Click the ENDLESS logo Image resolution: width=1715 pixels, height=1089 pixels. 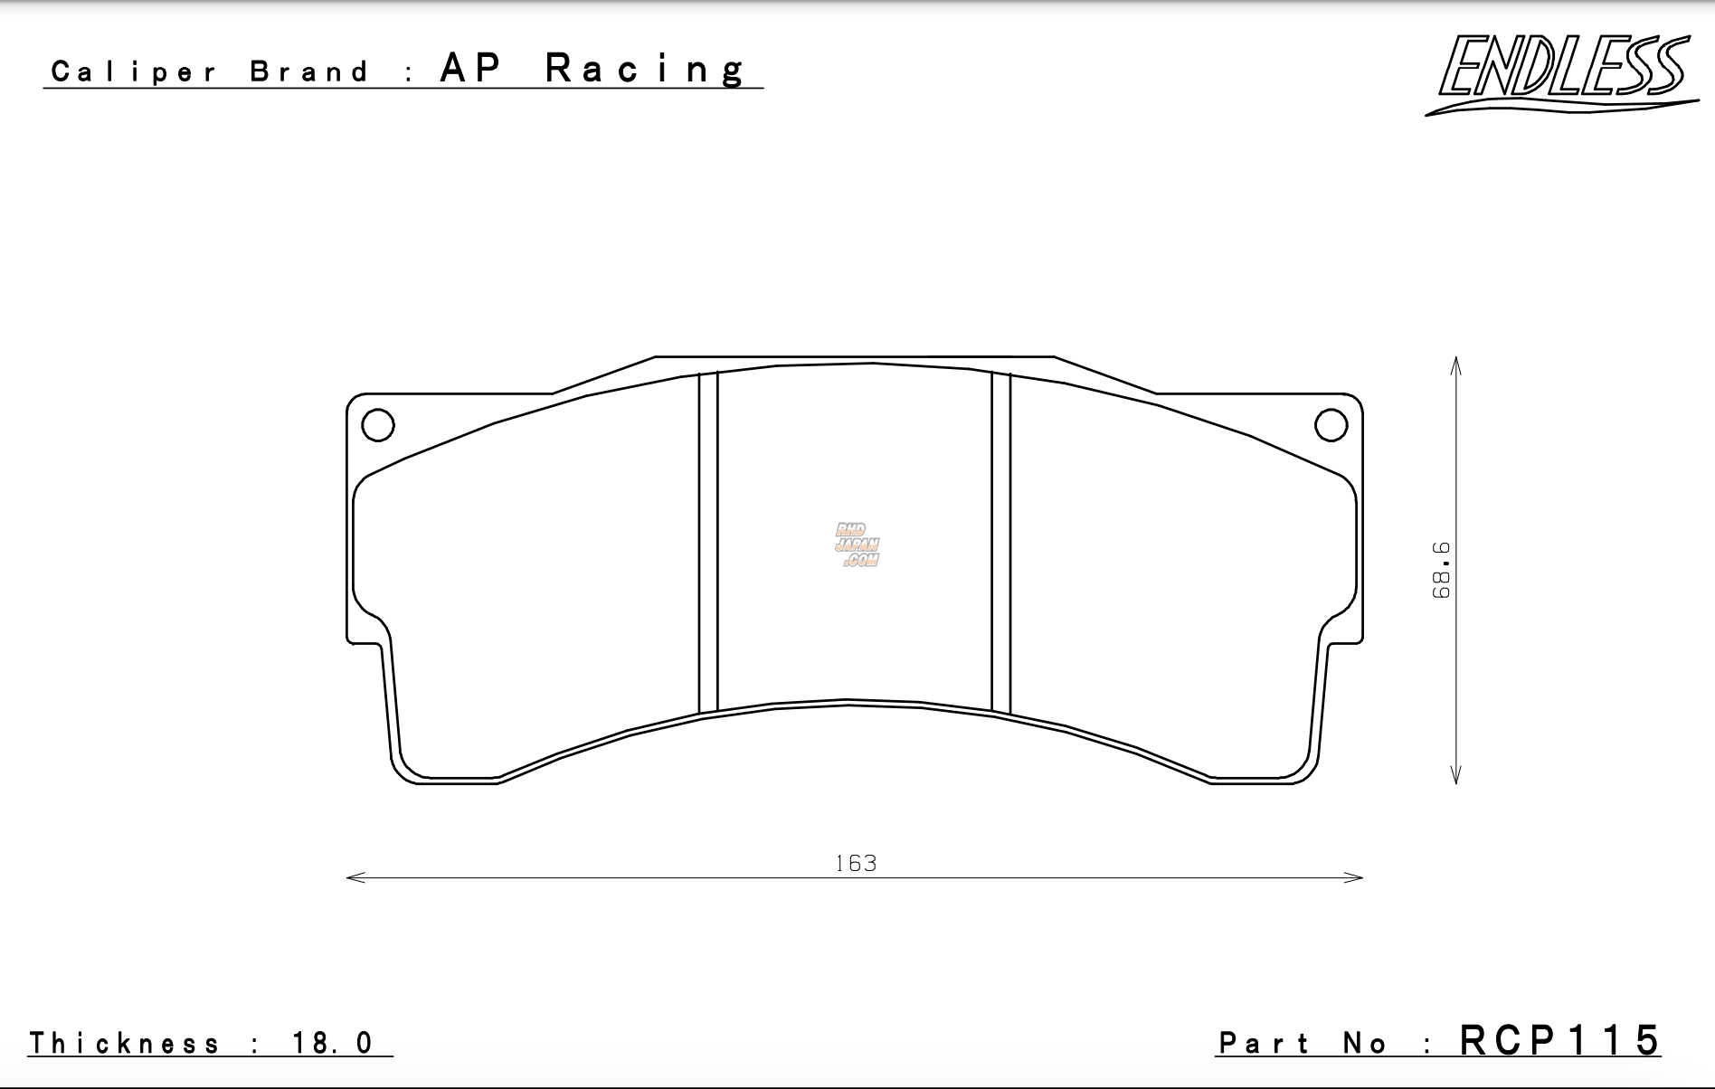click(x=1561, y=72)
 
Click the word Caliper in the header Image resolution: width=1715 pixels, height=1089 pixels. click(x=134, y=71)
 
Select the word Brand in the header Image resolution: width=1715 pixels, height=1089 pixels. click(x=309, y=71)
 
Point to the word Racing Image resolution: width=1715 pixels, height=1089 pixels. click(x=646, y=69)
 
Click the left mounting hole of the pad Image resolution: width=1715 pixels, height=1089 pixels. click(x=378, y=424)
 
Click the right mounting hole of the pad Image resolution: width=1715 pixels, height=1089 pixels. click(x=1331, y=424)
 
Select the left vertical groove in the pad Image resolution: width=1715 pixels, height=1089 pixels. click(x=708, y=543)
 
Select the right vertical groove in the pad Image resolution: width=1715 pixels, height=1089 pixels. click(x=1000, y=543)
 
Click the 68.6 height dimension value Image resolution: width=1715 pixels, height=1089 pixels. click(x=1442, y=570)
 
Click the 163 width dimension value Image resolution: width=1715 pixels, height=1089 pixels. click(x=856, y=864)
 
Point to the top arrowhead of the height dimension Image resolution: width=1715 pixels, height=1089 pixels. click(x=1455, y=363)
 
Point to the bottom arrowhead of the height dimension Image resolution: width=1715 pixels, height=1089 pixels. click(x=1455, y=777)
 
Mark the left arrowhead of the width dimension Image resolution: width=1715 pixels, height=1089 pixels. click(x=354, y=877)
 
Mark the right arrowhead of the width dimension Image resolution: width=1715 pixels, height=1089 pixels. click(x=1356, y=877)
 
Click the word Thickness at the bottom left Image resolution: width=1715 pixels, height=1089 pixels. click(x=125, y=1044)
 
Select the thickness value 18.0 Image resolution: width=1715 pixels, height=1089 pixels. click(x=332, y=1044)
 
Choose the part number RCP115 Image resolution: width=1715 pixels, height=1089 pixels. click(x=1559, y=1041)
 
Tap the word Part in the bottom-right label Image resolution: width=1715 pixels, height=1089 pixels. click(x=1265, y=1044)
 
